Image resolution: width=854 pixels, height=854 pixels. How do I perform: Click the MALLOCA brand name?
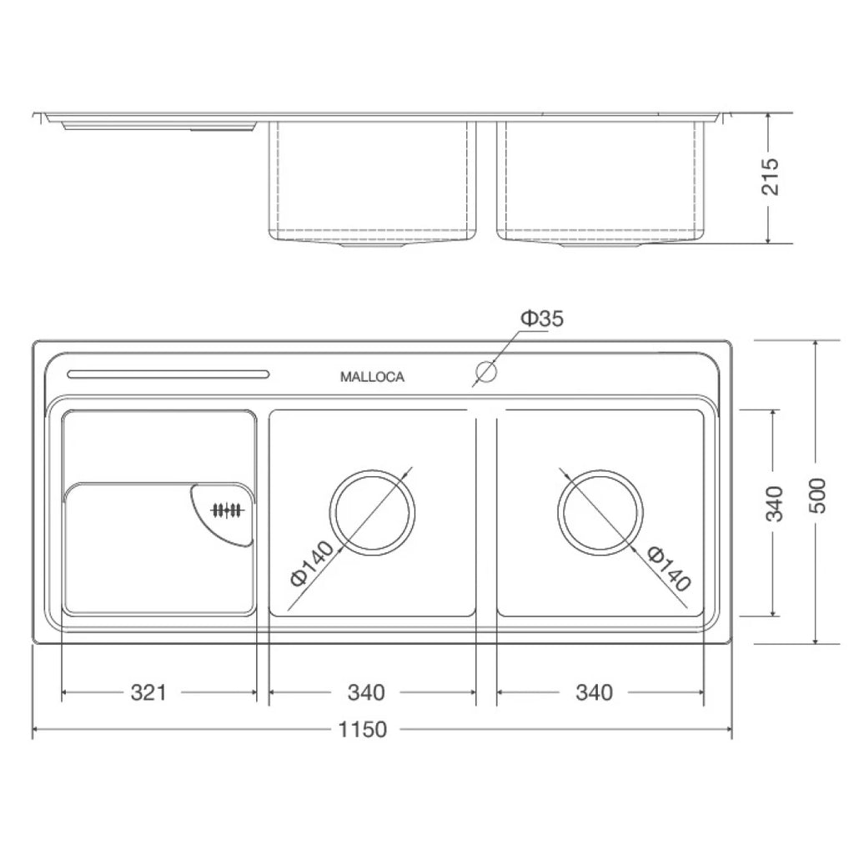tap(372, 377)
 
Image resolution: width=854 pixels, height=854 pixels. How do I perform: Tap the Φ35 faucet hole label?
tap(542, 318)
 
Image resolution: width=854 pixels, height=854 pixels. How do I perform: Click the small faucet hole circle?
tap(486, 371)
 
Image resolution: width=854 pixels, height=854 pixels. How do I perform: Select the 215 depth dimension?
tap(771, 177)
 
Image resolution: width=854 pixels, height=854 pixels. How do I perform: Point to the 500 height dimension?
tap(817, 495)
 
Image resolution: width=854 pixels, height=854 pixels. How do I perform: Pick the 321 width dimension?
tap(148, 693)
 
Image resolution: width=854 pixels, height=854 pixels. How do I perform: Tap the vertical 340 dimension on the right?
tap(774, 503)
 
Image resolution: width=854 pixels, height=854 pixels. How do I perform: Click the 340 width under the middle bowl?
tap(367, 693)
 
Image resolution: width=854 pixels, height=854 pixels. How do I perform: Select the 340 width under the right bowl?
tap(594, 693)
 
